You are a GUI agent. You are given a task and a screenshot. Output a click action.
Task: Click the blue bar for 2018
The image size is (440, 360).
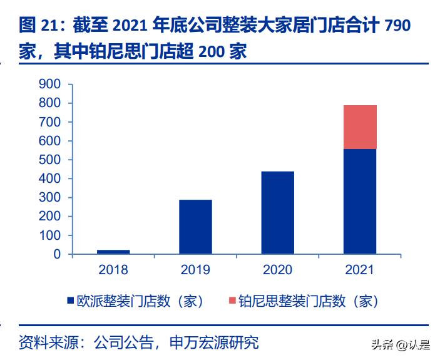113,252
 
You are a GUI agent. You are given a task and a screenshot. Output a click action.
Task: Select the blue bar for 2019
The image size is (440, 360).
195,227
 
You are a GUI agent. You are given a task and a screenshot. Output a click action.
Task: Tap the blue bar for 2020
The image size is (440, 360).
277,213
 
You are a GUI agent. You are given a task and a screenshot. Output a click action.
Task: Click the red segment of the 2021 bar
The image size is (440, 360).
360,127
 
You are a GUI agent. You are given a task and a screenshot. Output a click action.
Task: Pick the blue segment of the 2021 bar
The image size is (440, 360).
360,202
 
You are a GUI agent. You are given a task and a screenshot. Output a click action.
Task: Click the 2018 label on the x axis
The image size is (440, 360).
113,270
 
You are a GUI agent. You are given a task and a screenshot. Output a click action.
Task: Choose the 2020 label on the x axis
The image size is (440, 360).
277,270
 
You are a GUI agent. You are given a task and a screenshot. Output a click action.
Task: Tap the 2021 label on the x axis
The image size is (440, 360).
360,270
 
